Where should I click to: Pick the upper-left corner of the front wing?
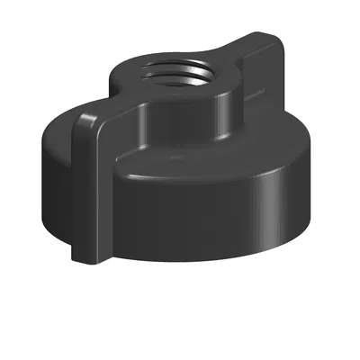pos(76,114)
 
